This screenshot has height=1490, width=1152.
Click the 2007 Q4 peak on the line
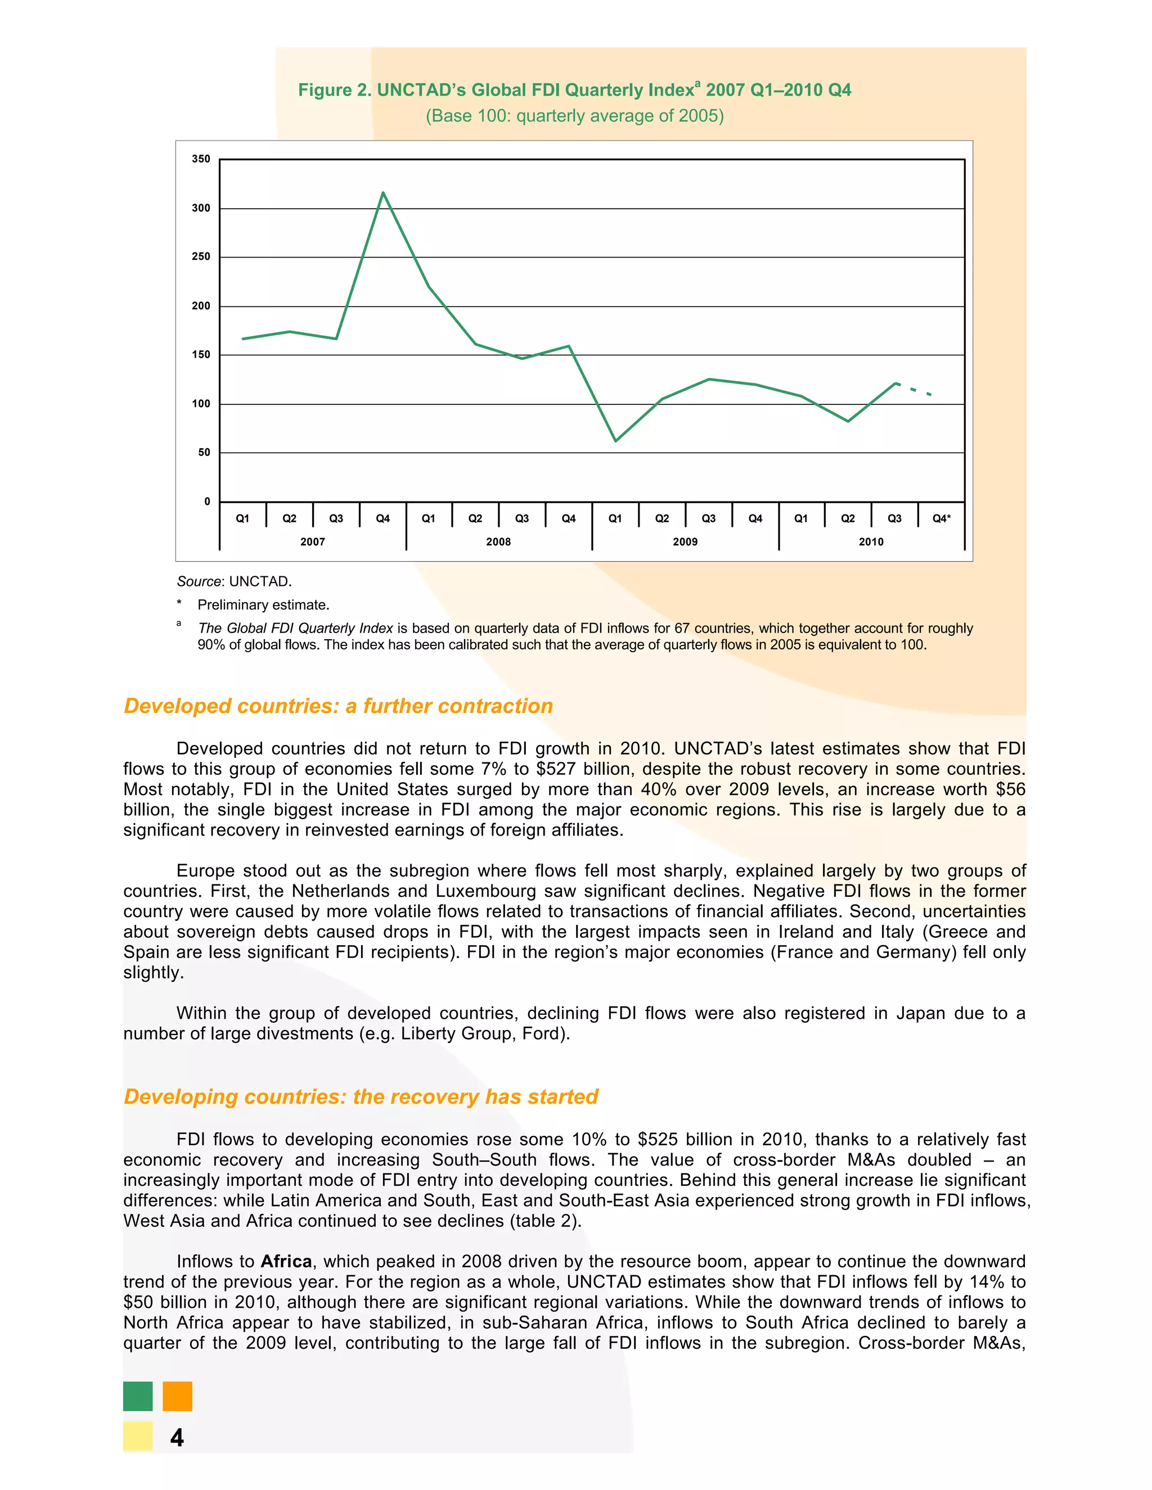click(x=383, y=193)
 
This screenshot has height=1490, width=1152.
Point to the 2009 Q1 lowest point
click(x=615, y=441)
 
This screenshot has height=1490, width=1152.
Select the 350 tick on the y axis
click(x=201, y=159)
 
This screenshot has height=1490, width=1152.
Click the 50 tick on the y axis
click(x=204, y=452)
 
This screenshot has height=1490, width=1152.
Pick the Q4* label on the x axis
click(x=941, y=518)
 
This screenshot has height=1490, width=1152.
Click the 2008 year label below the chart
click(x=498, y=541)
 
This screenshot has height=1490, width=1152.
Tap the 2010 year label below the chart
click(x=871, y=541)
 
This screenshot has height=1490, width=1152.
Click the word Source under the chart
click(x=199, y=581)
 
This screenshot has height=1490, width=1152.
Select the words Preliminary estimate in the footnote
click(x=263, y=605)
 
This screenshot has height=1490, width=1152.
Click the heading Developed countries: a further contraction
click(x=338, y=706)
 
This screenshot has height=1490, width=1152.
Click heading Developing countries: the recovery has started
click(x=361, y=1096)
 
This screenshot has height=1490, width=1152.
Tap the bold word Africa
click(x=286, y=1262)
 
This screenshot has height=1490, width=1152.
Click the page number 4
click(x=177, y=1438)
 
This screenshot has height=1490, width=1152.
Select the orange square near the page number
click(x=177, y=1396)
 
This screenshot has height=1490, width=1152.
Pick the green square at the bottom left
click(x=138, y=1396)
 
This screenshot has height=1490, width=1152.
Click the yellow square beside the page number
click(x=138, y=1435)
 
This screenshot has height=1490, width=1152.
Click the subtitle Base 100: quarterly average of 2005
click(x=575, y=116)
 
